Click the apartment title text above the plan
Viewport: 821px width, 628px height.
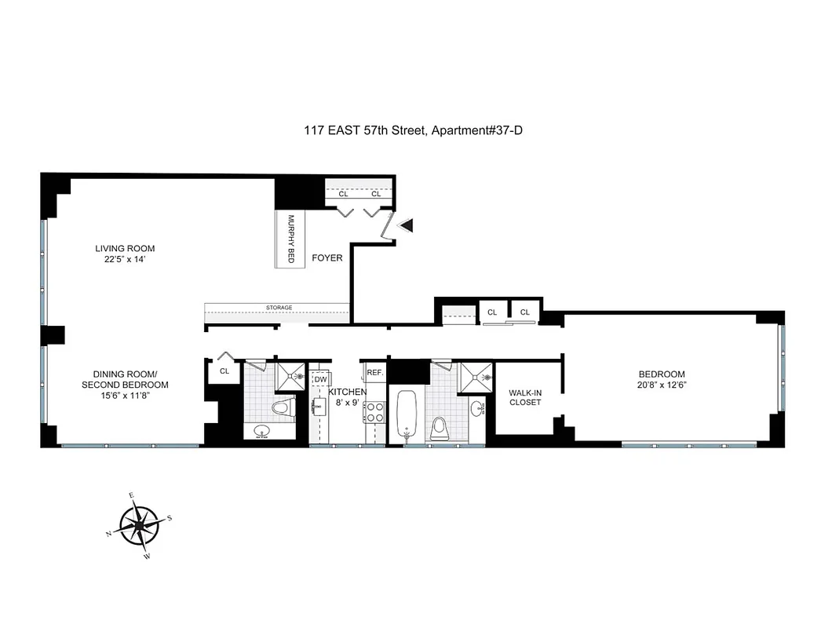pos(414,130)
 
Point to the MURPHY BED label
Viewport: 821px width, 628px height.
pos(290,239)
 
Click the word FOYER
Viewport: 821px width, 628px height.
pos(327,257)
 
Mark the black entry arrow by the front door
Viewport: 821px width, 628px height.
pos(406,225)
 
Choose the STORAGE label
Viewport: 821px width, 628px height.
pos(278,307)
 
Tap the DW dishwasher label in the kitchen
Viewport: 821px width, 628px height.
pos(319,379)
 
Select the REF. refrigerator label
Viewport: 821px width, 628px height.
pos(374,372)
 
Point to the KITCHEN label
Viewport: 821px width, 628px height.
pos(347,392)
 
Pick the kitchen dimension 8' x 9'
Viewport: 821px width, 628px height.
pos(347,403)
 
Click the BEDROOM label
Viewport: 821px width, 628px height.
pos(661,374)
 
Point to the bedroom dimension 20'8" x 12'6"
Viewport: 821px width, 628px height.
pos(661,385)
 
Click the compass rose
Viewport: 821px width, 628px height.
pos(140,524)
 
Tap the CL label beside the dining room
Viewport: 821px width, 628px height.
pos(224,371)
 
